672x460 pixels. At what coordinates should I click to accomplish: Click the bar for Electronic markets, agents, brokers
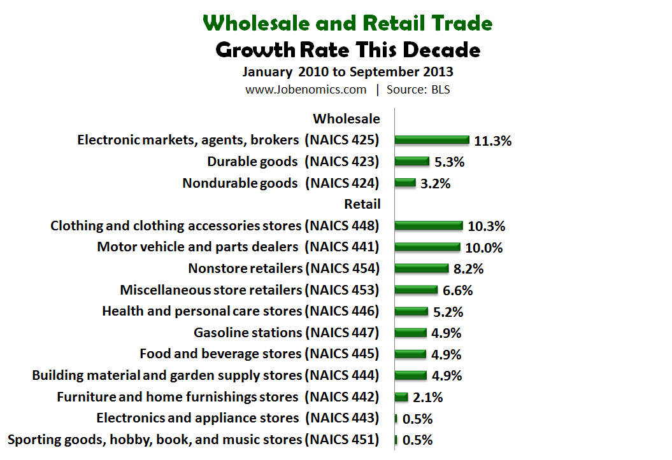click(x=432, y=140)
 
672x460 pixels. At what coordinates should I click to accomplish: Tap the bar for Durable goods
click(x=412, y=162)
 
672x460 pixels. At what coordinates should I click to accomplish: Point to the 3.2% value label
click(x=436, y=183)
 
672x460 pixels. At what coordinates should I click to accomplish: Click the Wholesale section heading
click(x=347, y=119)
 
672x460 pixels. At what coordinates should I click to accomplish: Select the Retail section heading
click(x=362, y=204)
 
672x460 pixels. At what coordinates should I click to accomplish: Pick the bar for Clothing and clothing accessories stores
click(x=429, y=226)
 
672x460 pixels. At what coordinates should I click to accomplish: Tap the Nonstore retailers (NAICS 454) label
click(x=283, y=268)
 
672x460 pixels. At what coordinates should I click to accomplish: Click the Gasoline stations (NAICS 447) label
click(x=286, y=333)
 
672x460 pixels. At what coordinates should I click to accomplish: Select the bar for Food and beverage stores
click(x=411, y=354)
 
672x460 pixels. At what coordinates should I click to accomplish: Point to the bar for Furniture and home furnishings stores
click(x=401, y=397)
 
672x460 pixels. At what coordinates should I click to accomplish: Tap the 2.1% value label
click(x=427, y=398)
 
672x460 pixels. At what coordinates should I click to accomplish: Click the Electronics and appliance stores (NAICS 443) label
click(x=238, y=418)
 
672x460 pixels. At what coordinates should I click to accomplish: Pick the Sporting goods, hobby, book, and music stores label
click(x=192, y=440)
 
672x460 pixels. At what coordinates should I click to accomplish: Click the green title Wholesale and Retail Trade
click(x=348, y=24)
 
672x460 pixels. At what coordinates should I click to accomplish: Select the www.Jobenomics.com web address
click(x=306, y=90)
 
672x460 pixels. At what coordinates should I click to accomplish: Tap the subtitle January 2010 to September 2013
click(x=348, y=71)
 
